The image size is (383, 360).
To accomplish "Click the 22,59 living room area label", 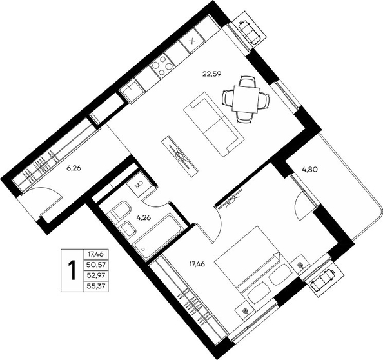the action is click(211, 74).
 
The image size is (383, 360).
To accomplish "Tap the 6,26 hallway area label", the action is click(74, 168).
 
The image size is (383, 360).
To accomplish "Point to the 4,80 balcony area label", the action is click(309, 169).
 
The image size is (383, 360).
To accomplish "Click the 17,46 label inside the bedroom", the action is click(197, 264).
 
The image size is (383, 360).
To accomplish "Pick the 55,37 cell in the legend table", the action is click(95, 286).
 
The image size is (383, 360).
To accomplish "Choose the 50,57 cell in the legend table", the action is click(95, 265).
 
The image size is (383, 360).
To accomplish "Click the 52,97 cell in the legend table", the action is click(95, 275).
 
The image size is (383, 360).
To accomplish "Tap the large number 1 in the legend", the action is click(72, 270).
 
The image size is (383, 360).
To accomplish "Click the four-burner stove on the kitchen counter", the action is click(162, 66).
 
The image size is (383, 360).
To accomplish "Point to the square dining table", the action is click(246, 99).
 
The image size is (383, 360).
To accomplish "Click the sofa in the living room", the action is click(213, 126).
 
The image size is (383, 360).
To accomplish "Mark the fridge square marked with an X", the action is click(192, 41).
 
